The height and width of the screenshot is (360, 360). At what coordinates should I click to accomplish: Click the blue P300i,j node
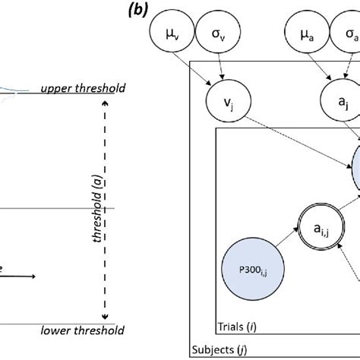[251, 269]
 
